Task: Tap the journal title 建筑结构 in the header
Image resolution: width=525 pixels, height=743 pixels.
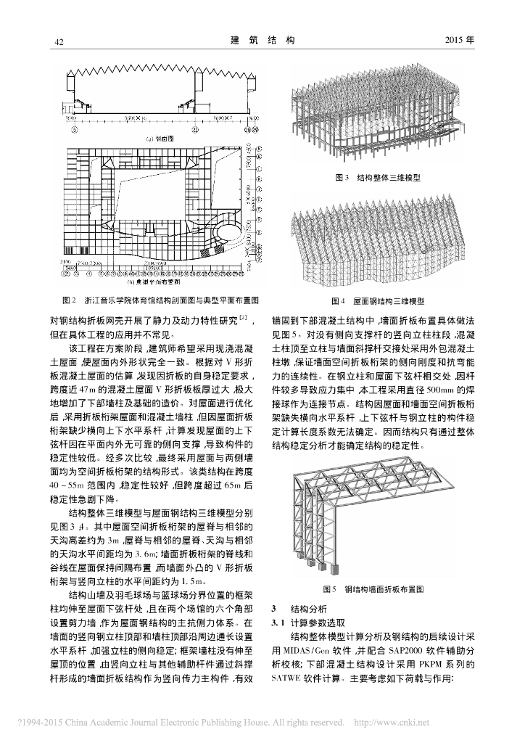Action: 262,40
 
